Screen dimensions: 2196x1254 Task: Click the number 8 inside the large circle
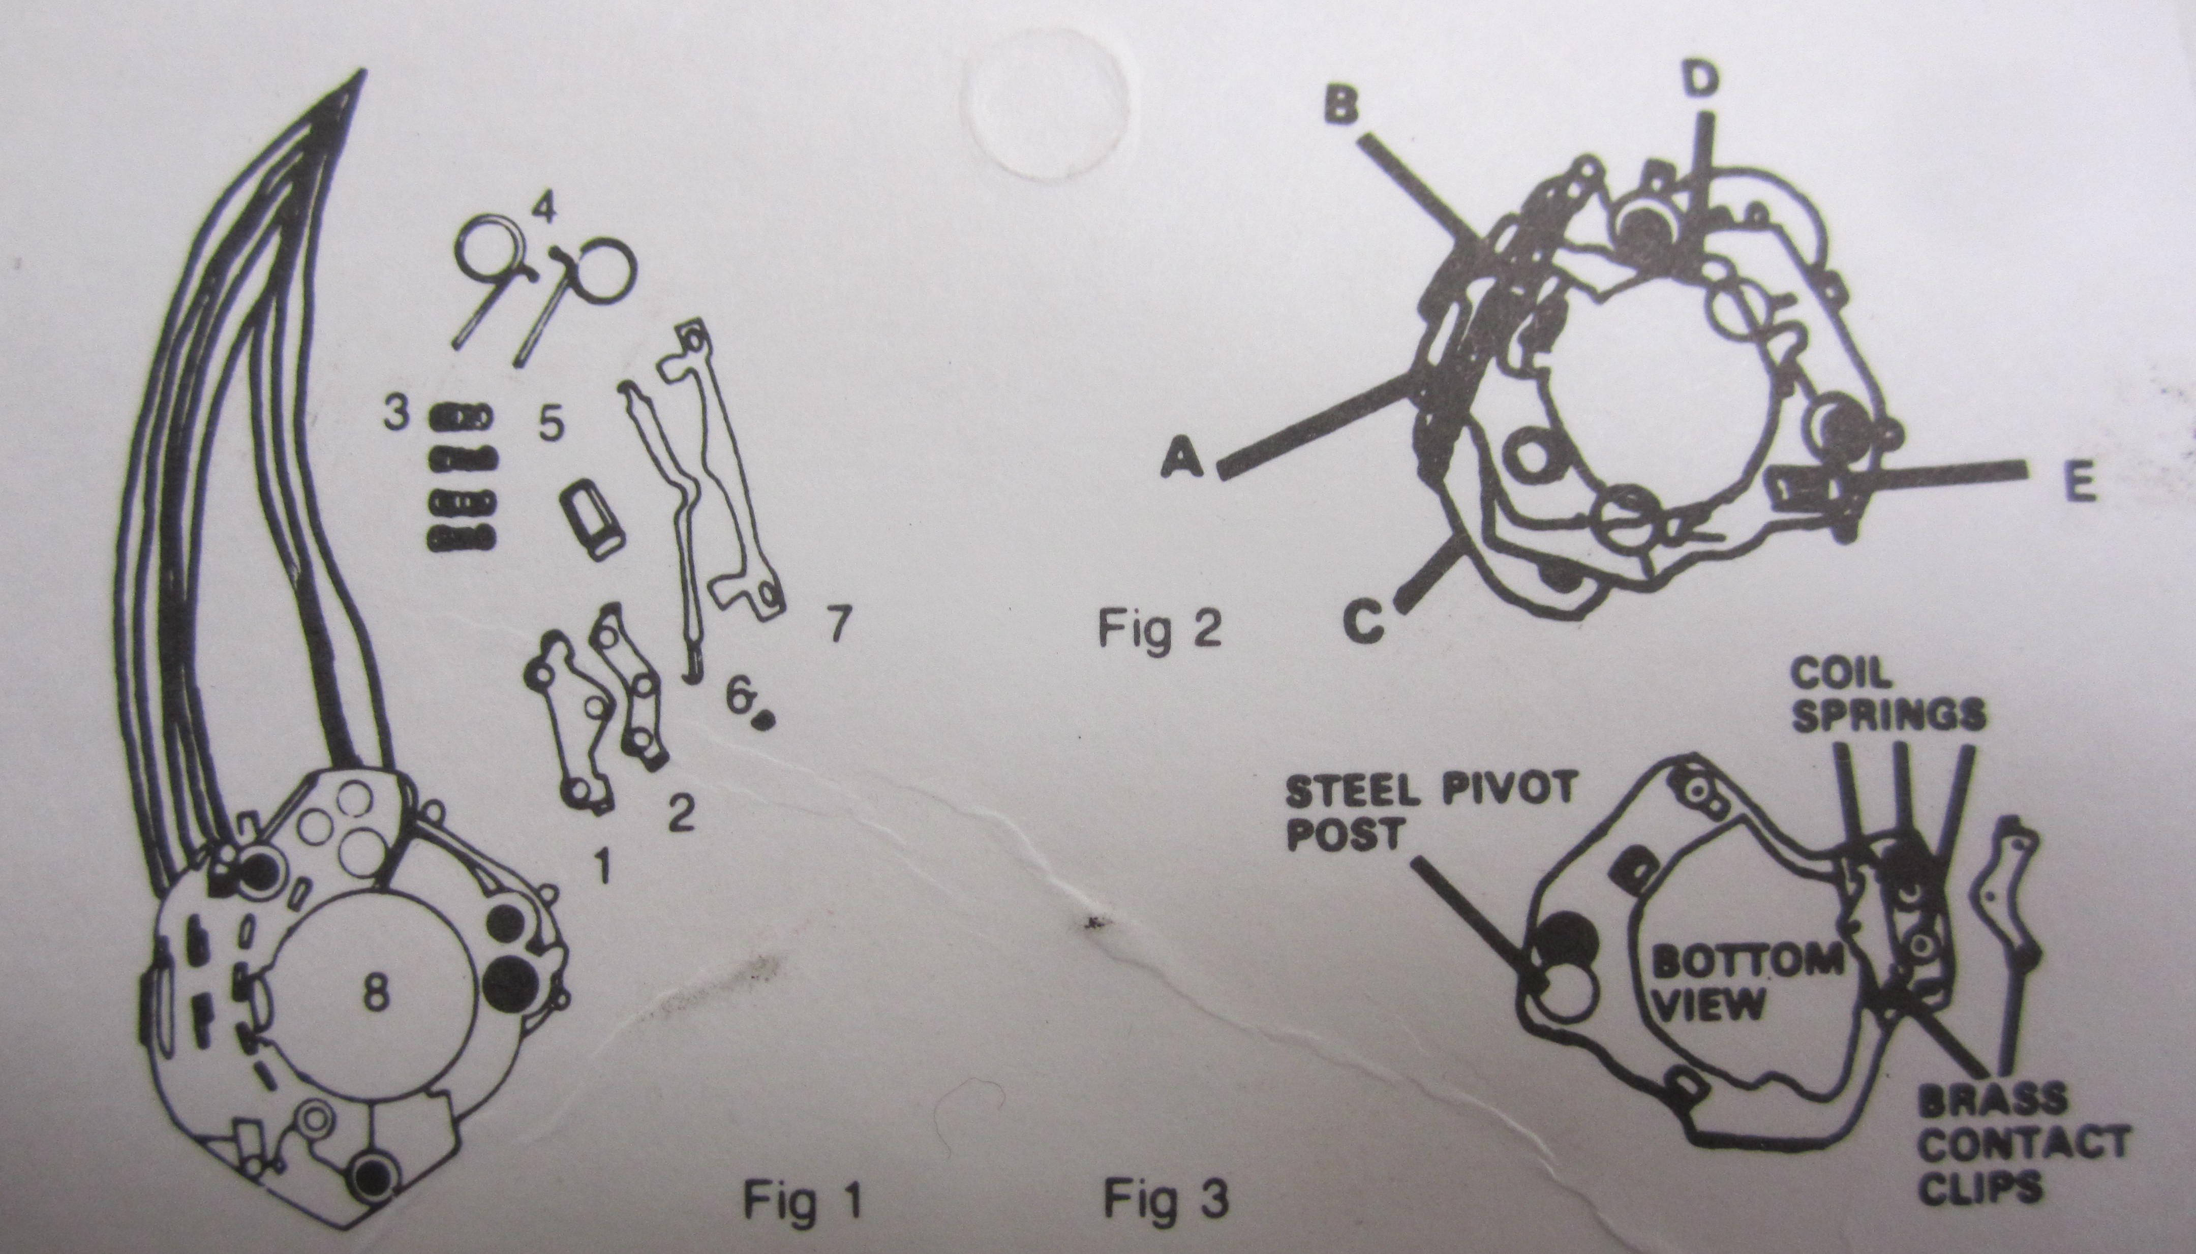[x=376, y=996]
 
